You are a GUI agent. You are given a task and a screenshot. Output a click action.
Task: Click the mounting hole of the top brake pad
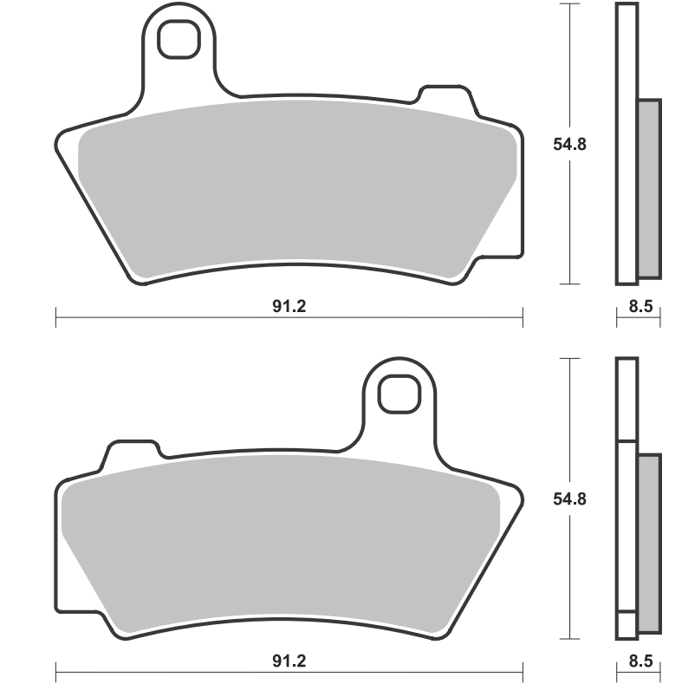coord(179,39)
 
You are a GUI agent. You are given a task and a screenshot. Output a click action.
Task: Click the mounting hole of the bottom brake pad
coord(399,394)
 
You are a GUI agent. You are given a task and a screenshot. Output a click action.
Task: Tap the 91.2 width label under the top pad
coord(289,306)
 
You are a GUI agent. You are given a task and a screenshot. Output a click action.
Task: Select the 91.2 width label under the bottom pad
coord(289,661)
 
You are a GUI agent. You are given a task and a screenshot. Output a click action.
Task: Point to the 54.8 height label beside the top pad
coord(569,144)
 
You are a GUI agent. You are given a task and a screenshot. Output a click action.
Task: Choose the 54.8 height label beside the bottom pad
coord(569,498)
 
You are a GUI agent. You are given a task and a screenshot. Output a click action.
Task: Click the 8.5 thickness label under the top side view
coord(641,306)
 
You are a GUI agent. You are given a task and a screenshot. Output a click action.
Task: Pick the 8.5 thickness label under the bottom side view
coord(641,661)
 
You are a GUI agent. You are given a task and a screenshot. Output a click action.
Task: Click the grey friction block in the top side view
coord(649,189)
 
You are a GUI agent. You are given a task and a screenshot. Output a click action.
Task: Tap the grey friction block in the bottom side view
coord(649,544)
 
